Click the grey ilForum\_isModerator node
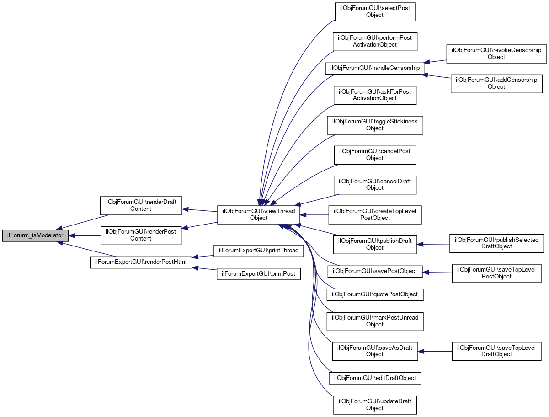(36, 235)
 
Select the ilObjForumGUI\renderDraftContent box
(141, 205)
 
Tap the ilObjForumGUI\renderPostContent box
(141, 235)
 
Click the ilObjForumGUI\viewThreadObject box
(259, 214)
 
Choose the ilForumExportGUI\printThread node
(259, 250)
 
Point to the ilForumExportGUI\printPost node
(259, 274)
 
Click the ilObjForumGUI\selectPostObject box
(375, 11)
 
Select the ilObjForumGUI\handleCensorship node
(375, 68)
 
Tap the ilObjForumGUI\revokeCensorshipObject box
(496, 53)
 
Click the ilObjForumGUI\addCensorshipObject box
(496, 83)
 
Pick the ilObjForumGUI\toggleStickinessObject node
(375, 125)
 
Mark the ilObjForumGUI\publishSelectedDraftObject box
(496, 243)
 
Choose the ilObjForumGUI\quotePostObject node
(375, 294)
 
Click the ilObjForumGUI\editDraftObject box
(375, 378)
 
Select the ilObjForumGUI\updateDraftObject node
(375, 405)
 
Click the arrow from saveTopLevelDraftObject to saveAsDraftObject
(435, 351)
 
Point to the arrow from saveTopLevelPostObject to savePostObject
(437, 273)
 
